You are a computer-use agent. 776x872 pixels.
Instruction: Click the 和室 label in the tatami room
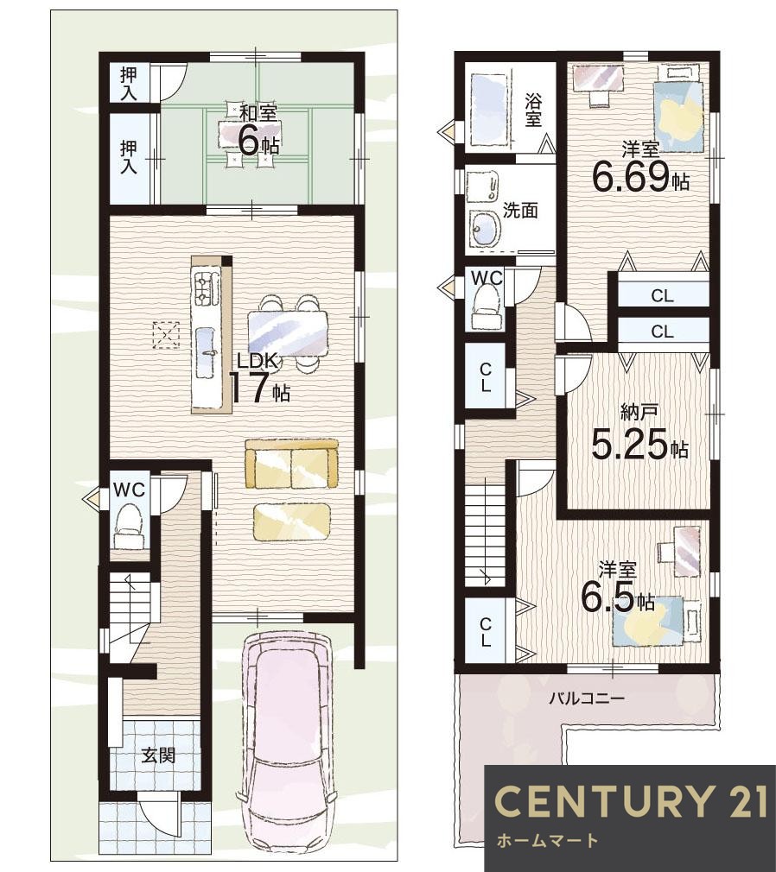click(258, 112)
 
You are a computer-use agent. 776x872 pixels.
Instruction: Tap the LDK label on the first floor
click(257, 360)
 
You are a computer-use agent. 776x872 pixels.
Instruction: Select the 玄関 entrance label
click(159, 755)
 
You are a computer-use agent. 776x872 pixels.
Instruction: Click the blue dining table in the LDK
click(288, 333)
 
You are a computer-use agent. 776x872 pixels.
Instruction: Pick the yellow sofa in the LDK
click(292, 464)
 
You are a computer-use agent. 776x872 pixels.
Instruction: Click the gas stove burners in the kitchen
click(204, 289)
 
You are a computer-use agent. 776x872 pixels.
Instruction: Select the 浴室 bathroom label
click(532, 111)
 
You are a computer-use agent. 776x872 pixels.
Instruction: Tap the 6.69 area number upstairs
click(629, 177)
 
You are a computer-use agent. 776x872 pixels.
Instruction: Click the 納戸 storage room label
click(639, 412)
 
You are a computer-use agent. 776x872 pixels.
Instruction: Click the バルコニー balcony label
click(587, 698)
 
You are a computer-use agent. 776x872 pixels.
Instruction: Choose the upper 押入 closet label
click(129, 83)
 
